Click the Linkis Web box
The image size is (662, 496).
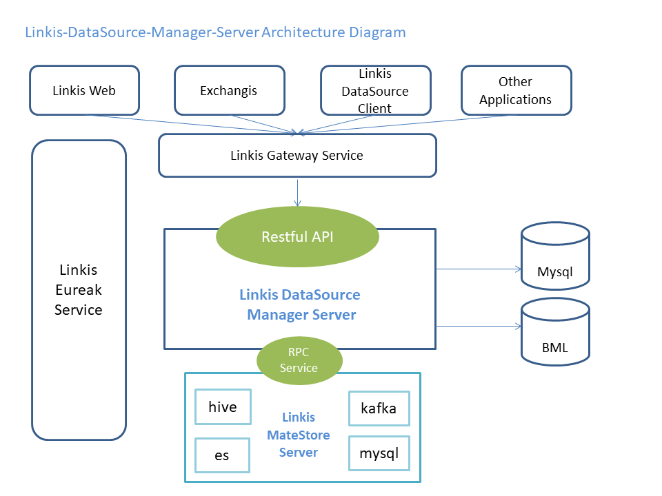[x=84, y=90]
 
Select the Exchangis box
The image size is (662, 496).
[x=229, y=90]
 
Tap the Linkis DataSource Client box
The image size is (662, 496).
[x=374, y=90]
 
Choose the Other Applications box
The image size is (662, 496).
[x=515, y=90]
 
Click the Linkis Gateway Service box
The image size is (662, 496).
[x=297, y=155]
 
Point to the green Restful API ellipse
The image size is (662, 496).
[x=297, y=237]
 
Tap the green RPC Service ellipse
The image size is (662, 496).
[x=299, y=360]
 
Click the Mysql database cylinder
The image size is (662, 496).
[x=554, y=258]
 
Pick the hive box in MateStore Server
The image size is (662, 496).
[x=222, y=407]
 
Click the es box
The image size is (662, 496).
[x=221, y=455]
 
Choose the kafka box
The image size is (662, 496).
[x=379, y=409]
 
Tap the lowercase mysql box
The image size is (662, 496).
[x=379, y=453]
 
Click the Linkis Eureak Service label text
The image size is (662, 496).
[x=78, y=290]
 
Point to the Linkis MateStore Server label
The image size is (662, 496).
[x=299, y=435]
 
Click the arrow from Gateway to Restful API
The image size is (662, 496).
[x=297, y=192]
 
